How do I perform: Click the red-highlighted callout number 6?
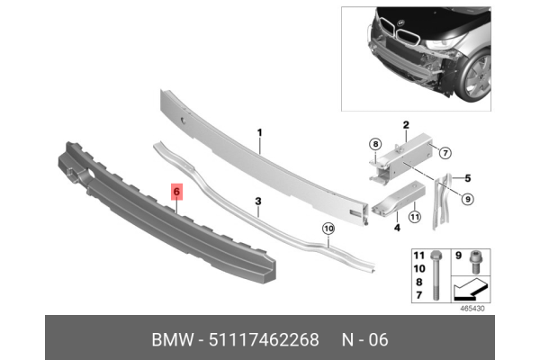(x=176, y=192)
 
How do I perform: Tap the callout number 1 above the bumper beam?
(x=259, y=132)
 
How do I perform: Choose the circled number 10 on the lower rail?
(x=328, y=229)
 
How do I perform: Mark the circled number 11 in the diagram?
(x=415, y=216)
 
